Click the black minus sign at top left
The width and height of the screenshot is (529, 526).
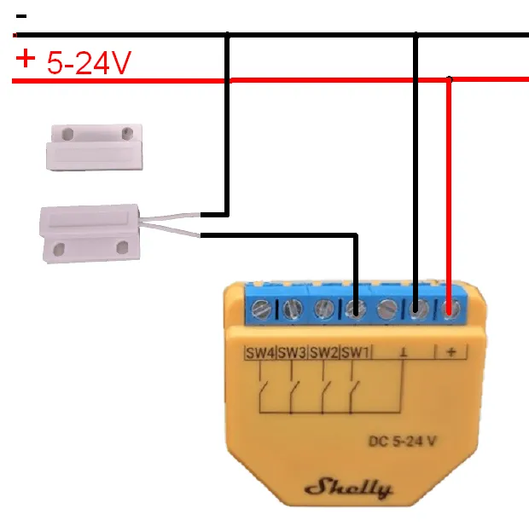click(x=21, y=16)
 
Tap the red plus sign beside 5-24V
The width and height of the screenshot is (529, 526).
click(x=26, y=59)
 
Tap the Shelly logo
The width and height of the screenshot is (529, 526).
click(x=348, y=488)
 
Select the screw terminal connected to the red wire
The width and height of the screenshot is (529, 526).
click(x=451, y=309)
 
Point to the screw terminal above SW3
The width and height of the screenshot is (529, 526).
click(x=294, y=309)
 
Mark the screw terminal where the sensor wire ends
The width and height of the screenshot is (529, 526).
click(x=356, y=309)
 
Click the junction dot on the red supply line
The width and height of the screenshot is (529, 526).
click(x=451, y=80)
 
